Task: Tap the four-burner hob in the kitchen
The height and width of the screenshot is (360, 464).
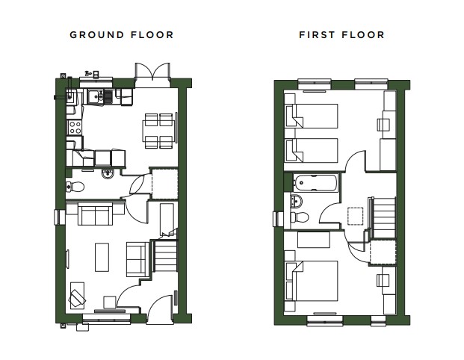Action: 75,127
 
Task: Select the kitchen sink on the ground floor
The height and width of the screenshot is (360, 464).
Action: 96,96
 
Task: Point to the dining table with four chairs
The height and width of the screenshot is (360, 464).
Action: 158,131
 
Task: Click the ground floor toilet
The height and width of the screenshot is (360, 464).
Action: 75,187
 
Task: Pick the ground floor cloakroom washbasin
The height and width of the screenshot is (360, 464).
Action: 108,174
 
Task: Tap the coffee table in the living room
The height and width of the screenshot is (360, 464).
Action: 102,257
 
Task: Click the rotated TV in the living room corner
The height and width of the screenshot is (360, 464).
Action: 77,297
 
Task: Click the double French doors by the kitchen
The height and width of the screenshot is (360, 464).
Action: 152,72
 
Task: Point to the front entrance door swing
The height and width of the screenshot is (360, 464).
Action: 159,308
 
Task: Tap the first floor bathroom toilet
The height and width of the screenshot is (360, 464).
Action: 300,217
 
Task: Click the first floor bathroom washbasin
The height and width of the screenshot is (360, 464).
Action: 296,201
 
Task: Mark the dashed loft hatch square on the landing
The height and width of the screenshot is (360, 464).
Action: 355,217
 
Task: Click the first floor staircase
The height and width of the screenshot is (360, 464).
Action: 384,217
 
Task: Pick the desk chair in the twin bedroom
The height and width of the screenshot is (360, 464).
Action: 383,125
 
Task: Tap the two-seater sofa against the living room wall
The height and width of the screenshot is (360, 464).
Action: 96,214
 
